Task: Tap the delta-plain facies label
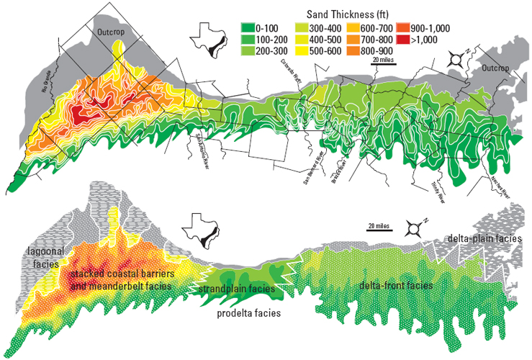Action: point(487,238)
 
